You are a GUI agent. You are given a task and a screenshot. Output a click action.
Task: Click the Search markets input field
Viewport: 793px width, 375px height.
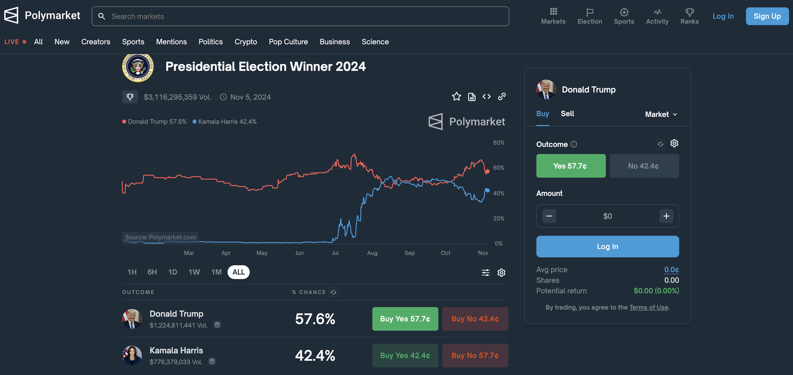click(300, 16)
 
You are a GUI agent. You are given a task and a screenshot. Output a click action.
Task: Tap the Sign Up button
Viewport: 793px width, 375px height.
click(767, 16)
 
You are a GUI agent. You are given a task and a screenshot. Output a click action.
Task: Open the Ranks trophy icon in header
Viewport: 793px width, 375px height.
click(689, 16)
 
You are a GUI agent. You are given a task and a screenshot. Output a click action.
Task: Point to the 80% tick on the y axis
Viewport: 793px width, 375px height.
click(498, 143)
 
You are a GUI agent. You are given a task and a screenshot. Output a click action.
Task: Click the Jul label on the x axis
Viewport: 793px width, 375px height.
click(335, 253)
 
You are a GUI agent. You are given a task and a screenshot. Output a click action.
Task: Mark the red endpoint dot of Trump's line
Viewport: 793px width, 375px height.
click(487, 171)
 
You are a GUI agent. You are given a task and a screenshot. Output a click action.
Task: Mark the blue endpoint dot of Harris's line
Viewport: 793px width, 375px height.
click(487, 190)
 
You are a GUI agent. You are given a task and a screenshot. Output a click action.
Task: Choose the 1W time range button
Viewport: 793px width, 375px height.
click(194, 272)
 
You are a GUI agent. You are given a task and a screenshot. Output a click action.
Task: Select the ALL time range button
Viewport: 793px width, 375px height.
click(238, 272)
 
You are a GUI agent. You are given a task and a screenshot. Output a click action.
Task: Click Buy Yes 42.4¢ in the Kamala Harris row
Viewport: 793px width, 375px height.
click(405, 355)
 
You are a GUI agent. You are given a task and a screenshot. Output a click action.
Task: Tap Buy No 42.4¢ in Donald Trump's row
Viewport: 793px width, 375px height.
click(475, 319)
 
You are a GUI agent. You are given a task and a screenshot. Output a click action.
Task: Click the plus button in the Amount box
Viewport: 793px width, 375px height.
click(666, 216)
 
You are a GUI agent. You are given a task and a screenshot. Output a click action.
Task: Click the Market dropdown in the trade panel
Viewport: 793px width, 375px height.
click(661, 114)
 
